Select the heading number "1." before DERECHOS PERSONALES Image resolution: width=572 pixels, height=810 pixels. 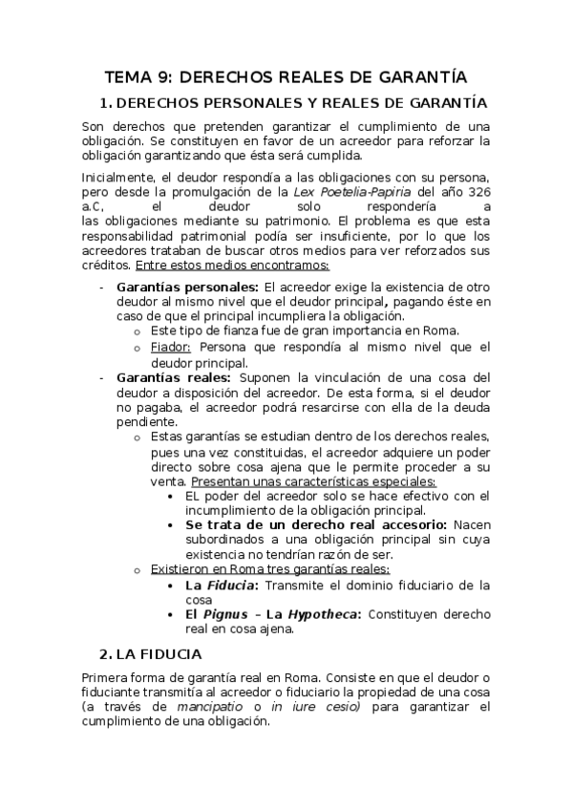[106, 103]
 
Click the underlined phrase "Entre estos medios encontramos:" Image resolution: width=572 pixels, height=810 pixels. [233, 265]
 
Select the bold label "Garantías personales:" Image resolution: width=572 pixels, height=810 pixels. [186, 287]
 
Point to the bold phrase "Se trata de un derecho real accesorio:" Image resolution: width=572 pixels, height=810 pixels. [315, 525]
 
